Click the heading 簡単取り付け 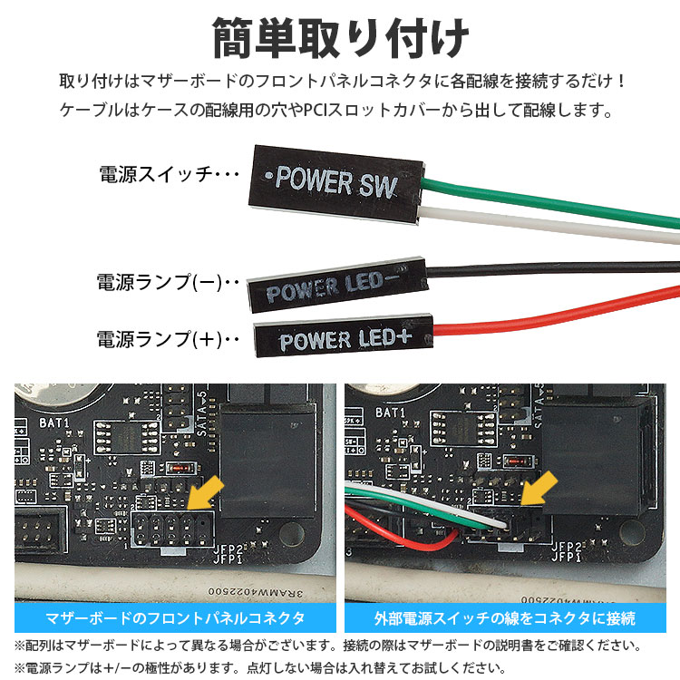[340, 37]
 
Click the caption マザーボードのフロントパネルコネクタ [175, 619]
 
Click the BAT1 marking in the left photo [55, 423]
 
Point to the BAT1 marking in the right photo [390, 413]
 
